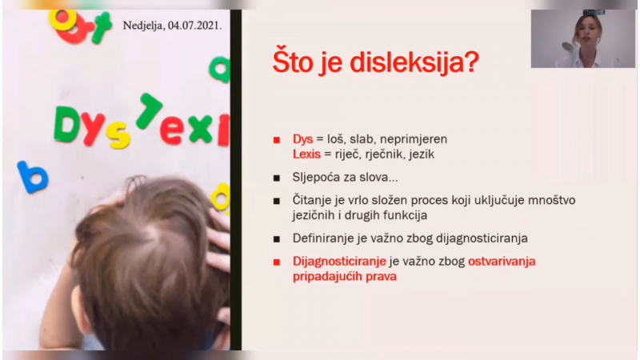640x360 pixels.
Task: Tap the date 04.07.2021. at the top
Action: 195,26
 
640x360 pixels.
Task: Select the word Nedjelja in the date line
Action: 143,26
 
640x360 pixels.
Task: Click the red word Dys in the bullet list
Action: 302,139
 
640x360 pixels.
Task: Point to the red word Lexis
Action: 306,154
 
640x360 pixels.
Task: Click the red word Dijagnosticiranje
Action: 339,262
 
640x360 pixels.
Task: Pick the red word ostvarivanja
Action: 502,262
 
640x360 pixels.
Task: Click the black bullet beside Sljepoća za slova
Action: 277,178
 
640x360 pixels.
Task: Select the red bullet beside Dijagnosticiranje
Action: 277,262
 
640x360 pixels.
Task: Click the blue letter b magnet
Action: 32,177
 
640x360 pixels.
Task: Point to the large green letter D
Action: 67,125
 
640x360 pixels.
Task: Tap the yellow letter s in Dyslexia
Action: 118,135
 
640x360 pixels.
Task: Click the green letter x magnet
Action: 199,129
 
